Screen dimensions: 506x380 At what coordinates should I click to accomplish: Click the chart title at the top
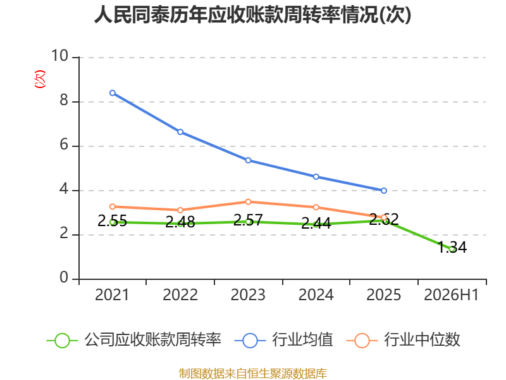tap(252, 15)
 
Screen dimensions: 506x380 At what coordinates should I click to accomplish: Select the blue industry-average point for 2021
tap(113, 93)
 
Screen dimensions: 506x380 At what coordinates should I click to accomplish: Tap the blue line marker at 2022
tap(180, 132)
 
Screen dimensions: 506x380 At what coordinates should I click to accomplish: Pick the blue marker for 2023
tap(248, 160)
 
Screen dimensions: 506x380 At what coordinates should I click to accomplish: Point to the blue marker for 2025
tap(384, 191)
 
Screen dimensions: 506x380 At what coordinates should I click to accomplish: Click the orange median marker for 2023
tap(248, 202)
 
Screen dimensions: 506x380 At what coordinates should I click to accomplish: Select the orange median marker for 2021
tap(113, 207)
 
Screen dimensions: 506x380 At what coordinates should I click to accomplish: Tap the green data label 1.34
tap(452, 248)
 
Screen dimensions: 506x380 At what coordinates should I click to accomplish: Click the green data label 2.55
tap(113, 221)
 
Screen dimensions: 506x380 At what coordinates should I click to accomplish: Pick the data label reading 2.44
tap(316, 224)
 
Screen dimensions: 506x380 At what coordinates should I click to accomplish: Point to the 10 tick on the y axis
tap(59, 56)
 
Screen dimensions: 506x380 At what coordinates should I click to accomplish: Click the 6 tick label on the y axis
tap(64, 145)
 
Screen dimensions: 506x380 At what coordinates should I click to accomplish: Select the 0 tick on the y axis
tap(64, 277)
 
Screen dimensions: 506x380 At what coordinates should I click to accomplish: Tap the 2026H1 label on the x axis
tap(451, 295)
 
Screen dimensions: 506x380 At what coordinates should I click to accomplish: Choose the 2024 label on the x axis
tap(316, 295)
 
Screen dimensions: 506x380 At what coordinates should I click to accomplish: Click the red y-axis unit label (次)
tap(40, 79)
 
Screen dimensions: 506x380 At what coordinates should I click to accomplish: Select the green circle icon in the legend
tap(62, 341)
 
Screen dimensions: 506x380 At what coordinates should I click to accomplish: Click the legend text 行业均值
tap(303, 340)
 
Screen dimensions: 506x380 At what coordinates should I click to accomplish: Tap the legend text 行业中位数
tap(422, 340)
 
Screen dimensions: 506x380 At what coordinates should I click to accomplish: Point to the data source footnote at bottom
tap(253, 374)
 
